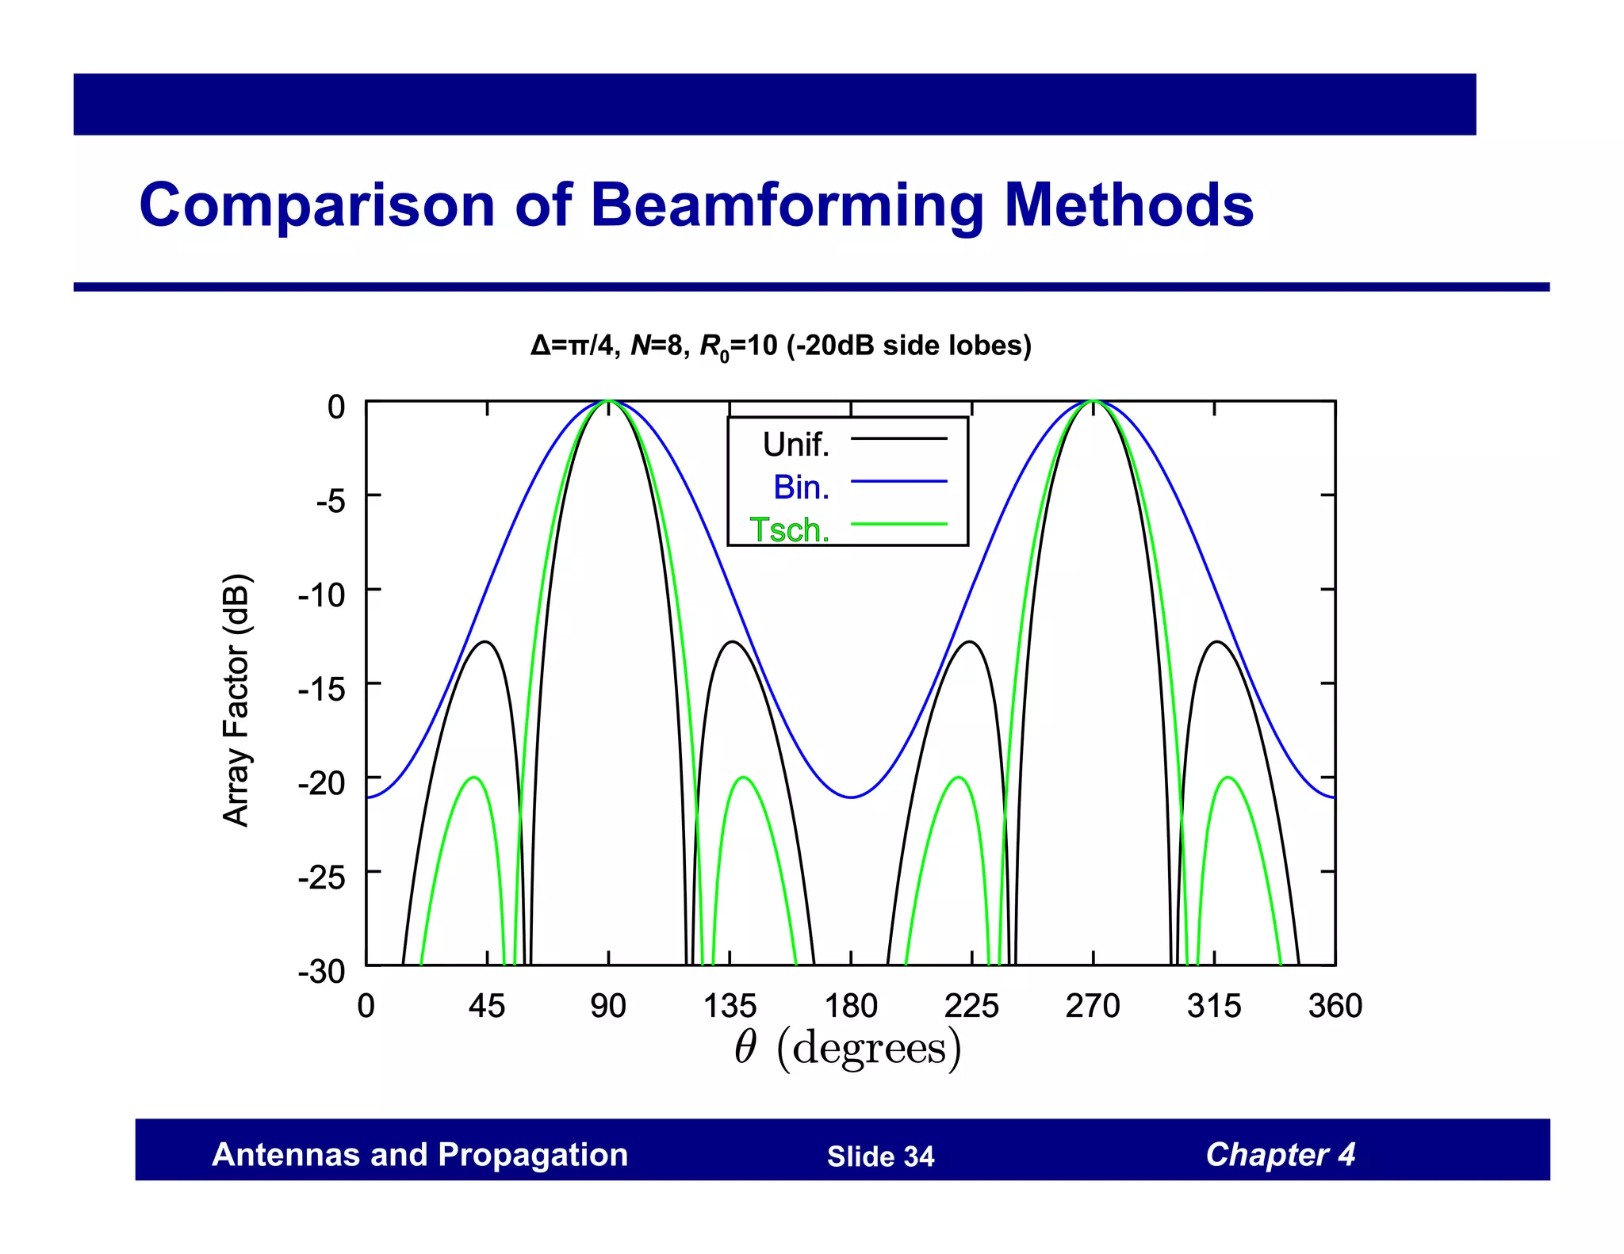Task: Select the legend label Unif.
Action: [795, 445]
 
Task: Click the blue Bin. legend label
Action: [801, 487]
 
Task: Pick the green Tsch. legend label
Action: [790, 530]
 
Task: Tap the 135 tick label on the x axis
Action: [730, 1006]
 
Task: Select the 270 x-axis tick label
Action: [1093, 1006]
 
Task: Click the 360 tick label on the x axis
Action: [1335, 1006]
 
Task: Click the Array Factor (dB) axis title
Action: [236, 700]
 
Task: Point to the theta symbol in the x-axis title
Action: [745, 1048]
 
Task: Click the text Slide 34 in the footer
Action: [880, 1157]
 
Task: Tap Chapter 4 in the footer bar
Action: [1280, 1154]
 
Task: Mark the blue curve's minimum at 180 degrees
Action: [851, 797]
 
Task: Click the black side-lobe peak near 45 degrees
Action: [486, 642]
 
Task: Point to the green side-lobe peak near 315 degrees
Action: [1228, 778]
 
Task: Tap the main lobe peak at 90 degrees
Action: [608, 402]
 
